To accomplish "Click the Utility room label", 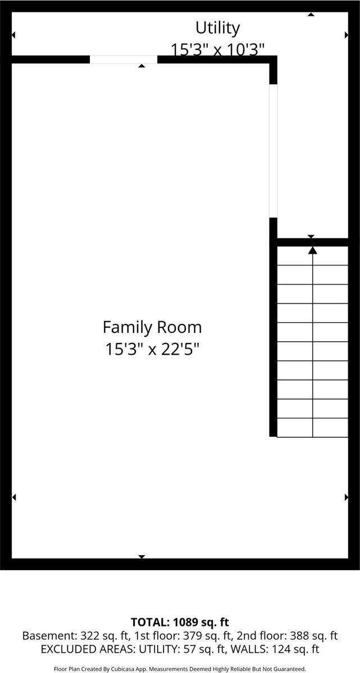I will (217, 28).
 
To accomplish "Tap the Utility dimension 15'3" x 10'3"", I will (217, 49).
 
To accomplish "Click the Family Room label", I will (152, 327).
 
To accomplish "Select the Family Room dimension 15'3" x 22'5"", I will (152, 349).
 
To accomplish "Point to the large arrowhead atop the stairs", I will (313, 250).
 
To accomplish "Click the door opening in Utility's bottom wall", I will (124, 59).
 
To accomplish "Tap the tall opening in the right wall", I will (274, 150).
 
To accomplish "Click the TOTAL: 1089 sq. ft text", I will (180, 622).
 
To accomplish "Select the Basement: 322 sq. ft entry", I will (67, 636).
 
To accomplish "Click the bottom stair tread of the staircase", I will (313, 427).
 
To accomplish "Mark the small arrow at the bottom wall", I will (142, 557).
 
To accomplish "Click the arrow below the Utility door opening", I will (142, 66).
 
